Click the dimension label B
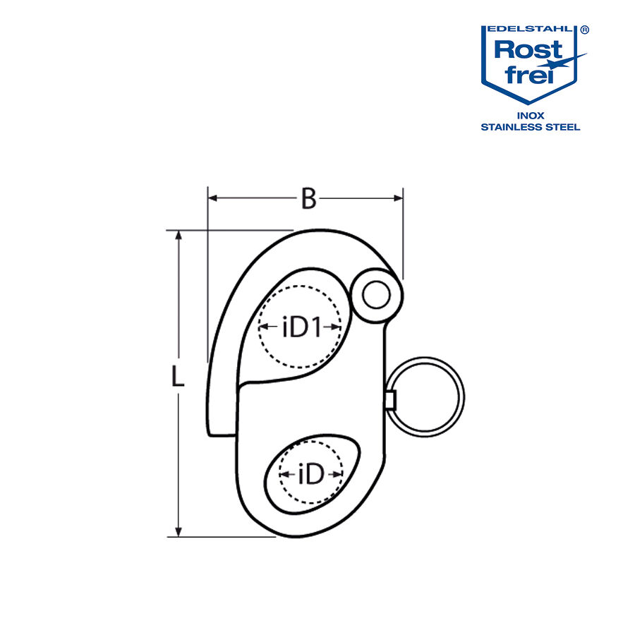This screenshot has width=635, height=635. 308,199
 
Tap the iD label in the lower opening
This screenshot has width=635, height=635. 311,475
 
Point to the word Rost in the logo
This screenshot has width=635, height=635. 528,50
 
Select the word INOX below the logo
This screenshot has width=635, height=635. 531,116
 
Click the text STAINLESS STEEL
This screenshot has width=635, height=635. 531,127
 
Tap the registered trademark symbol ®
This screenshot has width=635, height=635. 585,31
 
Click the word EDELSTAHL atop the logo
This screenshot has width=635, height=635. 528,30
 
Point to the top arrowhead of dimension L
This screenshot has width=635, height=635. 179,236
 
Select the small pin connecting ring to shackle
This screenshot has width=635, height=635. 389,401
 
